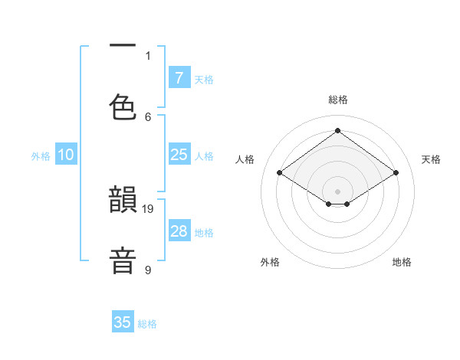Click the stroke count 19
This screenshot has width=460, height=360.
tap(149, 208)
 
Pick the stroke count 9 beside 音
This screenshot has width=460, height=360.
tap(148, 270)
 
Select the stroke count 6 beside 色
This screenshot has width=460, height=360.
tap(148, 116)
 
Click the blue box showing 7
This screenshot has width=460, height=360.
tap(179, 77)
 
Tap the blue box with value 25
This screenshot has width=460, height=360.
tap(179, 155)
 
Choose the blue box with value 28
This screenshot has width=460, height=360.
tap(179, 231)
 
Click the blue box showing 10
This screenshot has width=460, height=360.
tap(66, 155)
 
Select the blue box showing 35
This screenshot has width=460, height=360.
tap(123, 322)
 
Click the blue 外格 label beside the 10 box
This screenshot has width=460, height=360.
tap(41, 156)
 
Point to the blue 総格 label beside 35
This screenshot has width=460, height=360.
tap(147, 324)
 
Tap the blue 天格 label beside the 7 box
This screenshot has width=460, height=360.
tap(204, 79)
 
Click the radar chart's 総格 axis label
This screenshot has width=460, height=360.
tap(338, 100)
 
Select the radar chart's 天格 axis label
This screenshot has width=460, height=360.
tap(431, 159)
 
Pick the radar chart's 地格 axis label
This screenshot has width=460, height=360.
tap(402, 262)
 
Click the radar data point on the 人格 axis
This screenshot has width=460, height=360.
tap(280, 173)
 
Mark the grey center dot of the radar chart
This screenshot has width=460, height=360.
tap(338, 190)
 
